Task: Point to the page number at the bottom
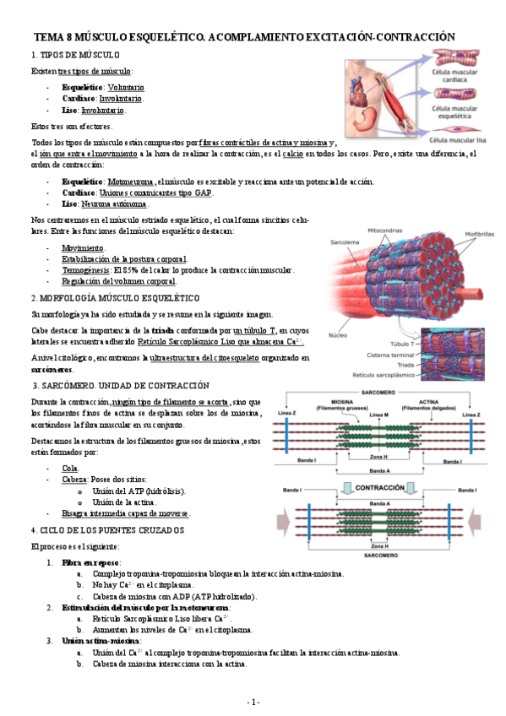pos(253,702)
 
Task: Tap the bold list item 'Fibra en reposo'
pos(90,562)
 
